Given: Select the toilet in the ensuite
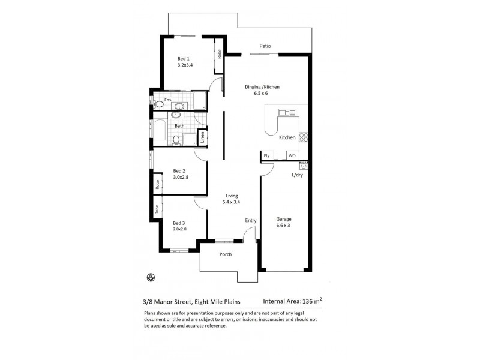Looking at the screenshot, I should pos(158,104).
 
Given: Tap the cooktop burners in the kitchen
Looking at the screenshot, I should pos(304,137).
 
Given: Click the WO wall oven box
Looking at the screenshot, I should pos(292,155).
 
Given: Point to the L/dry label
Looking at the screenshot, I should pos(296,175).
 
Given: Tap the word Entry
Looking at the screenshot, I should pos(250,221).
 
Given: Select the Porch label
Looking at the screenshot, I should pos(225,254).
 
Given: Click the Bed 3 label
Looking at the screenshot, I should pos(179,222).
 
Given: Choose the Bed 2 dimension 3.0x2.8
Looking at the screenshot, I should pos(181,178).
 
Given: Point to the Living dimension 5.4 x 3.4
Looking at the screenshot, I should pos(232,202).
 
